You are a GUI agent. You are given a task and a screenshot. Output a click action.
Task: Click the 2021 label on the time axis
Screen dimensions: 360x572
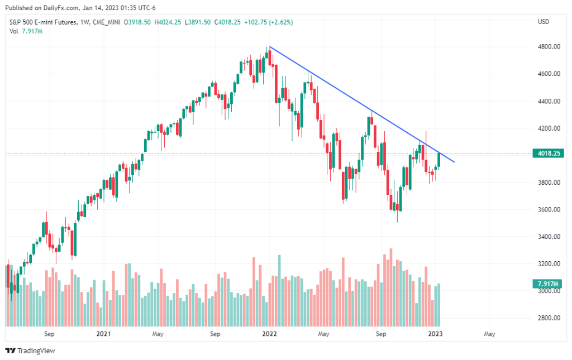coord(103,334)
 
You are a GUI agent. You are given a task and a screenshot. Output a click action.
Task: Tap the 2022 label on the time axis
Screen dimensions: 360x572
coord(269,334)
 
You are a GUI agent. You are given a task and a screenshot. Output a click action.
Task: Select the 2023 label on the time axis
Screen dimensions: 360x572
coord(435,334)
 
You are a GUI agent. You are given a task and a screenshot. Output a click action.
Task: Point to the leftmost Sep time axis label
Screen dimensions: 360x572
coord(49,334)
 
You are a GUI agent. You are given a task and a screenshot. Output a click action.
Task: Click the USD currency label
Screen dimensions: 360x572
coord(543,22)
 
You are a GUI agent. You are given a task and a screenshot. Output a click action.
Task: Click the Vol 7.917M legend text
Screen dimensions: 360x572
coord(26,31)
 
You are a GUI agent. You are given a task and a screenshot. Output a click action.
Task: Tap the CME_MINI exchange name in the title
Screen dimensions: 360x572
coord(106,22)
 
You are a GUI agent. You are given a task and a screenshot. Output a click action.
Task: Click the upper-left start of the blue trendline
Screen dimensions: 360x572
coord(270,47)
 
